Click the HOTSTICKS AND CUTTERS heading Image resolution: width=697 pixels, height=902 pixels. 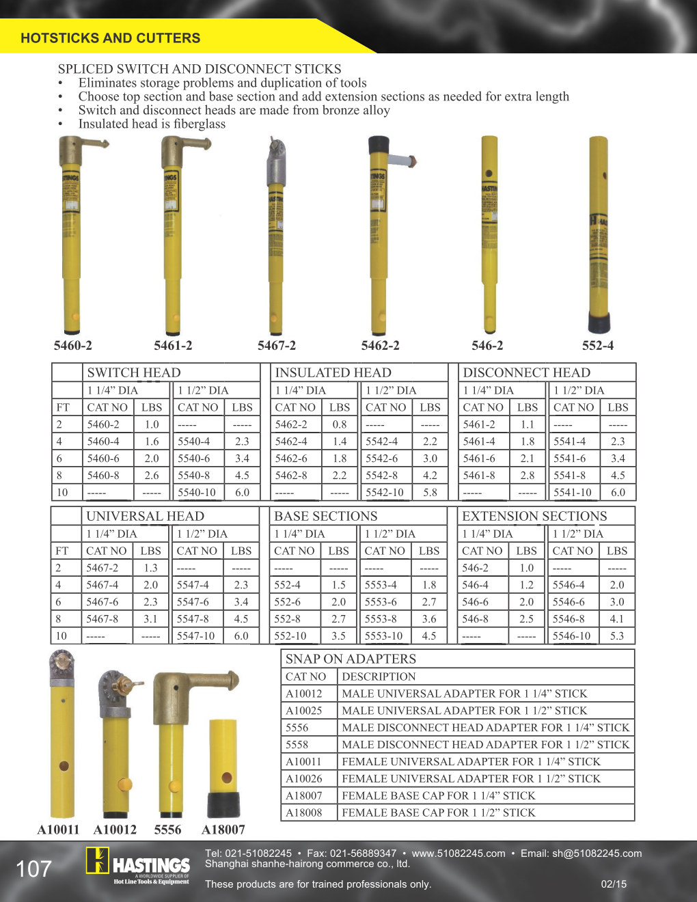point(111,38)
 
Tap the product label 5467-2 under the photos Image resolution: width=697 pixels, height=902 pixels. point(277,345)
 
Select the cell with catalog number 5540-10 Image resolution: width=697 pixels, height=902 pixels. point(196,492)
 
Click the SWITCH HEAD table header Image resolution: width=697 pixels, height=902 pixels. point(134,372)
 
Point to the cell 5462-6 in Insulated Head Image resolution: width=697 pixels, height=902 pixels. point(291,459)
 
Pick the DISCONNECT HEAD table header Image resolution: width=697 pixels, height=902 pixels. point(526,372)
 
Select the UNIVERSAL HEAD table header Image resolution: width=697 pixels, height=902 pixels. point(146,516)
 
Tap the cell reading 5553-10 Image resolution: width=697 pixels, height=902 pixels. point(383,635)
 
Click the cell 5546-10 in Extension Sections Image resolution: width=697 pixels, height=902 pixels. point(571,635)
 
